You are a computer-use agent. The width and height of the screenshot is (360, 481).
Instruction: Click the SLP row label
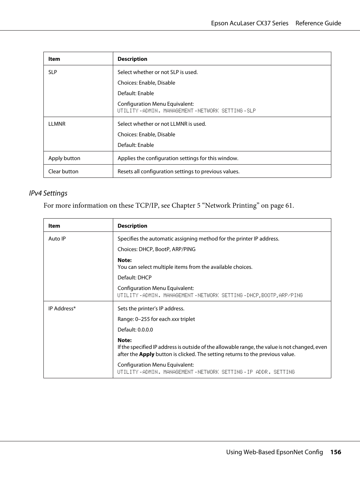52,72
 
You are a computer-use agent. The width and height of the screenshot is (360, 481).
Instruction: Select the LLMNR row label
57,124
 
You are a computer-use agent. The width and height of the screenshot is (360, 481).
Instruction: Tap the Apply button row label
64,158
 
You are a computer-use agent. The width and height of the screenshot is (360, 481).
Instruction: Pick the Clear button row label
63,171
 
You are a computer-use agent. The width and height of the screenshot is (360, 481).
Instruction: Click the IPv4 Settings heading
48,193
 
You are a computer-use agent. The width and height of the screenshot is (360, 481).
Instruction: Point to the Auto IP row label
57,239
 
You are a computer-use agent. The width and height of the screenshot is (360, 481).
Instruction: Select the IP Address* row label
62,308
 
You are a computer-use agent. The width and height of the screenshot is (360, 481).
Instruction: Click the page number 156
335,452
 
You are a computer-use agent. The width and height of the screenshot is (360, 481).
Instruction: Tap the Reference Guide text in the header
318,23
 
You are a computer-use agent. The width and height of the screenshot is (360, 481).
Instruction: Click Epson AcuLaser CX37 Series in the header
249,23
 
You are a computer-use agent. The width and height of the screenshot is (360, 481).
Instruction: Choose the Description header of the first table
132,59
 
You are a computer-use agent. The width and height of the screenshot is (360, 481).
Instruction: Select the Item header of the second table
54,226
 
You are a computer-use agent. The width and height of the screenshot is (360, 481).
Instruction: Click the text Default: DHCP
134,277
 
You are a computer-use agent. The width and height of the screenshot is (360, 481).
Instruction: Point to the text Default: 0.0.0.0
135,330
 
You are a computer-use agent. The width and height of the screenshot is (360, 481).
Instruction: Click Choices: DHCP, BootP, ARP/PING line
156,249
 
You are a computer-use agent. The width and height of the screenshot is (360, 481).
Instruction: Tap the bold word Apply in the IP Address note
146,354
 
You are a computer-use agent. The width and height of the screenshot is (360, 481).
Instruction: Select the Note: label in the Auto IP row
125,260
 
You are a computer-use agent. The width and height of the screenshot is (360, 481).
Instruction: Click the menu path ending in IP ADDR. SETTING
206,372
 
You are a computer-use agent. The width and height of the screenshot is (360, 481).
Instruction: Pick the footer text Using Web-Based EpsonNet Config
274,452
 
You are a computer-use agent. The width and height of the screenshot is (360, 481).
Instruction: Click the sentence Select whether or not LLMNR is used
162,124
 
